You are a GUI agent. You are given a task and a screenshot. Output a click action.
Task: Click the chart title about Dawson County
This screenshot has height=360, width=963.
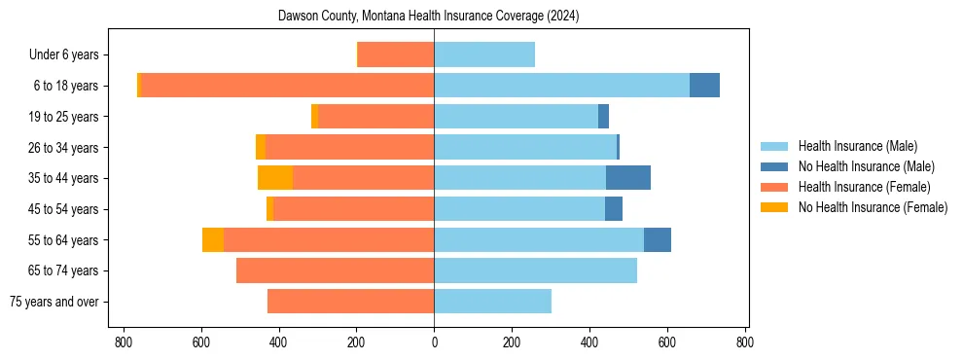pyautogui.click(x=428, y=16)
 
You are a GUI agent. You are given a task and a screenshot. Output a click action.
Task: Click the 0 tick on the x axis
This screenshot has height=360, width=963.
pyautogui.click(x=434, y=342)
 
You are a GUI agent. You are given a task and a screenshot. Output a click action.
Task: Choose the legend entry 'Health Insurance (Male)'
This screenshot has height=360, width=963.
pyautogui.click(x=857, y=146)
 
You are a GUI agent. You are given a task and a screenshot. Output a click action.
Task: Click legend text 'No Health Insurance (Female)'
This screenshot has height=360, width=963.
pyautogui.click(x=873, y=207)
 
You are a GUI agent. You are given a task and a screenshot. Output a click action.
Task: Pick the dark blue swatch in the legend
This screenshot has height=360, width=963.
pyautogui.click(x=774, y=166)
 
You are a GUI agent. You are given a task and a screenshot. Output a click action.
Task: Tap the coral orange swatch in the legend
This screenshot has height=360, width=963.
pyautogui.click(x=774, y=187)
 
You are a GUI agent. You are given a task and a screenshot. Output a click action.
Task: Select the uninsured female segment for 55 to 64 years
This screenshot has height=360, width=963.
pyautogui.click(x=213, y=239)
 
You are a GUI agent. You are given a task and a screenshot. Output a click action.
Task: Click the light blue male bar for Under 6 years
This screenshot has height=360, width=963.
pyautogui.click(x=484, y=55)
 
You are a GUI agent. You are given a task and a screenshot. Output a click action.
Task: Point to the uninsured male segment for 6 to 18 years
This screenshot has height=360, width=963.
pyautogui.click(x=704, y=86)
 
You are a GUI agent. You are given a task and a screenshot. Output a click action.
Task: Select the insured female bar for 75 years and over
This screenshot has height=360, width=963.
pyautogui.click(x=350, y=302)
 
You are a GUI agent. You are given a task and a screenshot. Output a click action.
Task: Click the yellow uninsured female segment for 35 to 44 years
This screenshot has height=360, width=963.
pyautogui.click(x=275, y=178)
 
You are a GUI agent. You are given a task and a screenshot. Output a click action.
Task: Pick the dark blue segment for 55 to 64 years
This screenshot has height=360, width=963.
pyautogui.click(x=657, y=239)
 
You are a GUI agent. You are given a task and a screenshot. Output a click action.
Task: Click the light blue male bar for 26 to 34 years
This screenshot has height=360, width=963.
pyautogui.click(x=525, y=147)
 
